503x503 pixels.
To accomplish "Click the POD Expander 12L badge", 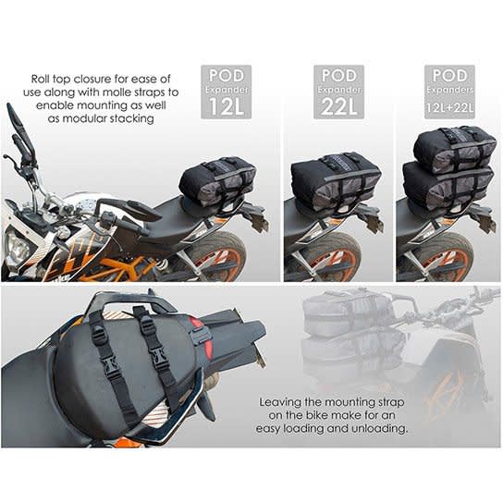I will (227, 91).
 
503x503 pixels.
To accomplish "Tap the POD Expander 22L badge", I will (338, 91).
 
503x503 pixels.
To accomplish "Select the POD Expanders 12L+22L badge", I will (449, 91).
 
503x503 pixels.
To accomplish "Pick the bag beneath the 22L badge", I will (336, 183).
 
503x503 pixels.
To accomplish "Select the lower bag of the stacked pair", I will (448, 189).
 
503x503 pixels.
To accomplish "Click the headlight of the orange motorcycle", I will (17, 247).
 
